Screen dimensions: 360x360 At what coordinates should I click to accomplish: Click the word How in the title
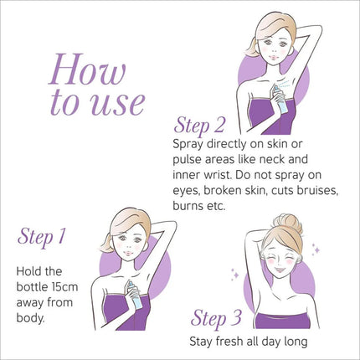click(87, 69)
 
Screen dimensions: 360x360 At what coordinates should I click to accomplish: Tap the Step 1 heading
click(42, 237)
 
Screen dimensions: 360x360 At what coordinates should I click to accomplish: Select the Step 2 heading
click(199, 126)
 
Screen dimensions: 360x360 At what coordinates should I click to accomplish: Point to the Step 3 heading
click(216, 318)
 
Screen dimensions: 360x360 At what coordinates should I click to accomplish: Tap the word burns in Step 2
click(187, 206)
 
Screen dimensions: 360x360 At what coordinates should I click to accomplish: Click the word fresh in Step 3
click(226, 342)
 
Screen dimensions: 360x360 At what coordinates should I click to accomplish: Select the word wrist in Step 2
click(216, 175)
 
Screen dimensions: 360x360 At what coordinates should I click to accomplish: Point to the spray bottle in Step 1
click(135, 295)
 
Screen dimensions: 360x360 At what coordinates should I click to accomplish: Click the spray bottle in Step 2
click(280, 100)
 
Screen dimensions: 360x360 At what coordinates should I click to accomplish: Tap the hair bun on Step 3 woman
click(288, 224)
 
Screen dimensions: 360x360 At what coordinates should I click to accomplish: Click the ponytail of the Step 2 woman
click(251, 48)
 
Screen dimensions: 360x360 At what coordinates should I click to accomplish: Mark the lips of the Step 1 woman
click(128, 253)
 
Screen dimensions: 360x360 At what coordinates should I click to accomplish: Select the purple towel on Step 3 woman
click(282, 321)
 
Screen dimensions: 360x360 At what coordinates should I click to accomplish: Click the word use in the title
click(118, 102)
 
